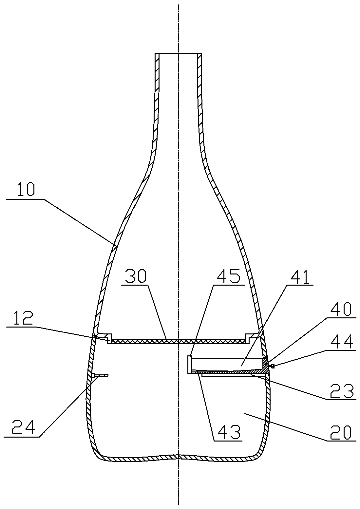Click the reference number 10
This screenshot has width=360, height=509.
click(x=26, y=190)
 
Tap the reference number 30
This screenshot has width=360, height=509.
click(x=136, y=276)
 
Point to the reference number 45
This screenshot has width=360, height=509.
click(x=229, y=276)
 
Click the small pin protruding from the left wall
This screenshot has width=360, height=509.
click(x=100, y=375)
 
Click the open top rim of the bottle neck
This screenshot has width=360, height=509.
click(x=179, y=53)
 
